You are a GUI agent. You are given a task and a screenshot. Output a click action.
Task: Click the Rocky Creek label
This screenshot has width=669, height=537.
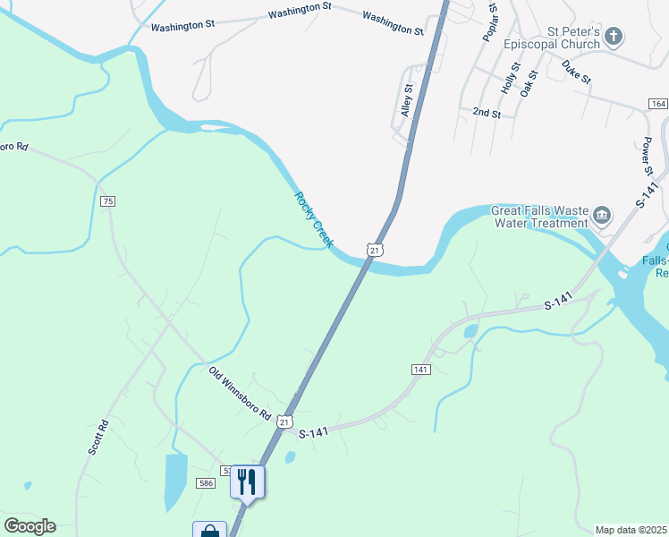tap(314, 219)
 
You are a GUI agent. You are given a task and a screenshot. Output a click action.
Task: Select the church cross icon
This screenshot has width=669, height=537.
tap(614, 37)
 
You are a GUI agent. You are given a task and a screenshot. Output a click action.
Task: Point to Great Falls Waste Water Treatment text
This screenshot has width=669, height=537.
tap(540, 217)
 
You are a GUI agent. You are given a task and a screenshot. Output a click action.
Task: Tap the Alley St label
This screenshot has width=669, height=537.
tap(408, 100)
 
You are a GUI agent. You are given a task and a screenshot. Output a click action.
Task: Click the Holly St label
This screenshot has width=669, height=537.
tap(510, 78)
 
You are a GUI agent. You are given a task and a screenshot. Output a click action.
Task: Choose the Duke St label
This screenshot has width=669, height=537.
tap(576, 72)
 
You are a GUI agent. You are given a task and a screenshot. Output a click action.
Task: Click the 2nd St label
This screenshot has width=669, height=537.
tap(487, 113)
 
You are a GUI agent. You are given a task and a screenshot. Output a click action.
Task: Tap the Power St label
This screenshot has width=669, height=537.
tap(649, 157)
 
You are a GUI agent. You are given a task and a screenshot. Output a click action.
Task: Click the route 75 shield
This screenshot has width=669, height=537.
tap(108, 200)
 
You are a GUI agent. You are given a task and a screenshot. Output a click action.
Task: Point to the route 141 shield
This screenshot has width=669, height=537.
tap(421, 370)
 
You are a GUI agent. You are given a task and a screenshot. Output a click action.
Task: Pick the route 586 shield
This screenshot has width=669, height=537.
tap(207, 483)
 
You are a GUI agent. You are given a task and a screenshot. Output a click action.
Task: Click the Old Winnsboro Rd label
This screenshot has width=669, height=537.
tap(240, 394)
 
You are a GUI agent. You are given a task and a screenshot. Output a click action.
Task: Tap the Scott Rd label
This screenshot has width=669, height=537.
tap(98, 437)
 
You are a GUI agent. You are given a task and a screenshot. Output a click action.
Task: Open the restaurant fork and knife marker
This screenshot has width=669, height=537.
tap(248, 482)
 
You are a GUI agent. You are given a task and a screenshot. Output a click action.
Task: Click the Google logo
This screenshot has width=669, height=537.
tap(30, 526)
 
